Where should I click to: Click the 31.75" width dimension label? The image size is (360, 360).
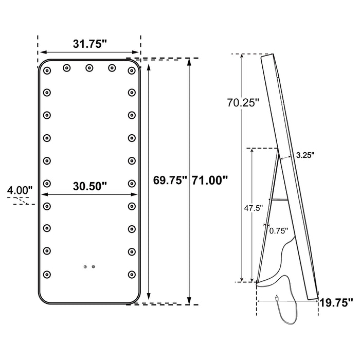pyautogui.click(x=89, y=44)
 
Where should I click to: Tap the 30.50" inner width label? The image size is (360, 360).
pyautogui.click(x=89, y=186)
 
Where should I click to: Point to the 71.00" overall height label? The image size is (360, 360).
pyautogui.click(x=209, y=181)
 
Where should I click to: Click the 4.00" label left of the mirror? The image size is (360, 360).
pyautogui.click(x=20, y=191)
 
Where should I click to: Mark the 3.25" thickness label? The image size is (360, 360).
pyautogui.click(x=305, y=154)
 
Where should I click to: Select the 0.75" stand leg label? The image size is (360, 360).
pyautogui.click(x=279, y=230)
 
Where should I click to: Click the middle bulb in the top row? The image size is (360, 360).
pyautogui.click(x=89, y=67)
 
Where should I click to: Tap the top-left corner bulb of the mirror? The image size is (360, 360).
pyautogui.click(x=47, y=70)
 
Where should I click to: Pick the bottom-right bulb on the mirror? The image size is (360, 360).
pyautogui.click(x=132, y=274)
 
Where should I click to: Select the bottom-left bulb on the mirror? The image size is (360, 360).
pyautogui.click(x=47, y=274)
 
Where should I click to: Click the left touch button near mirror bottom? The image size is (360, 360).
pyautogui.click(x=85, y=266)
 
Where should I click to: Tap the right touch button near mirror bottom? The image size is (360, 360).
pyautogui.click(x=93, y=266)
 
